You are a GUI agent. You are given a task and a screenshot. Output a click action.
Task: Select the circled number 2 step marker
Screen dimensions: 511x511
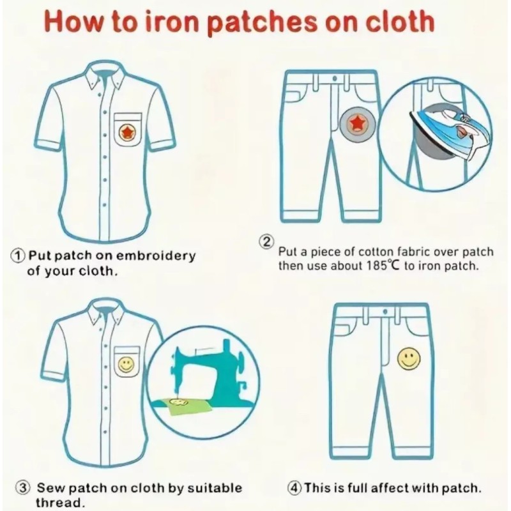[266, 242]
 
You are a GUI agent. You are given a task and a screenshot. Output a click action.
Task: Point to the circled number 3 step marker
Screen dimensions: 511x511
[24, 488]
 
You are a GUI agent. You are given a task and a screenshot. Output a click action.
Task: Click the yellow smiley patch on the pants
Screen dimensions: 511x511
[408, 359]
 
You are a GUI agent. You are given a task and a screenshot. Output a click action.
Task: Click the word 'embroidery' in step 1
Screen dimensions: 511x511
[156, 256]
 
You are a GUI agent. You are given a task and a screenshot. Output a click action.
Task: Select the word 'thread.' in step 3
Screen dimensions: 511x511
[60, 502]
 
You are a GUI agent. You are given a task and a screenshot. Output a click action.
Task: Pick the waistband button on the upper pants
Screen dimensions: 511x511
[335, 79]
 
